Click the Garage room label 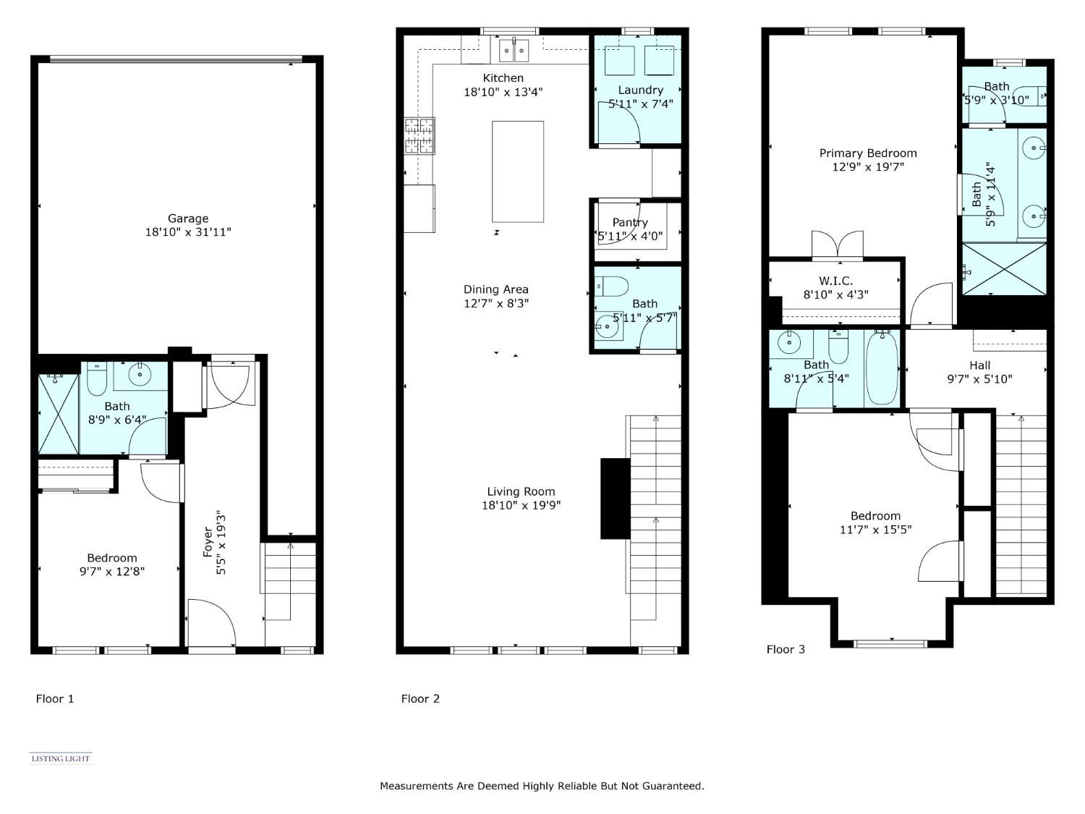188,219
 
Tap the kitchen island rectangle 518,171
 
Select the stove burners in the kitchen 420,136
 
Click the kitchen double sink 514,51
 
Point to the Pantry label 629,223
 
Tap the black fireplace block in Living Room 615,499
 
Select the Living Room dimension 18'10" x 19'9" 521,506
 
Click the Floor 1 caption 55,699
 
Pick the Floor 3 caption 786,650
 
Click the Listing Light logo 61,758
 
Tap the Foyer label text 208,542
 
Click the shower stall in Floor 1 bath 58,415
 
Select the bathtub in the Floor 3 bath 882,369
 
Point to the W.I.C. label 835,281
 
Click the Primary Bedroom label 867,153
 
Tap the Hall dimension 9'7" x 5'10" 979,379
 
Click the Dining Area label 495,289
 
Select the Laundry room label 640,90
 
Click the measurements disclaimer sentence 542,786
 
